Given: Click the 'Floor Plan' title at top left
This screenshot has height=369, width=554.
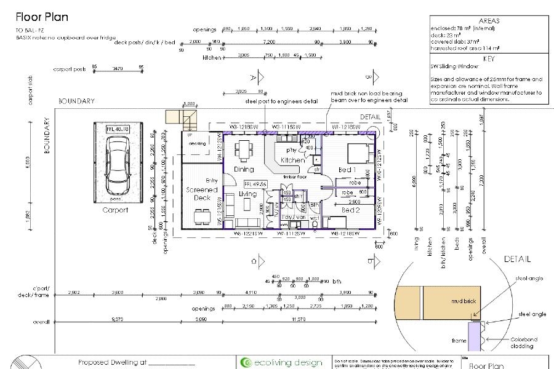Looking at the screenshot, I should point(42,17).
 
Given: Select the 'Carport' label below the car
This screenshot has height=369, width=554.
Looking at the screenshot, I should point(115,210).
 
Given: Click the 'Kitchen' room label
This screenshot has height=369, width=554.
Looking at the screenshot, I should point(292,160).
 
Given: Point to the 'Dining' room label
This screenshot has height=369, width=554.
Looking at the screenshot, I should point(244,169).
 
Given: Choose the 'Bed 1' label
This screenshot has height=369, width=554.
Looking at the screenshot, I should point(347,169).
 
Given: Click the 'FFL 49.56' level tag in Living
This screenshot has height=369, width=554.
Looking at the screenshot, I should point(255,184).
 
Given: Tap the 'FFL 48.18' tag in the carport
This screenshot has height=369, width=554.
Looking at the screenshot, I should point(118,129).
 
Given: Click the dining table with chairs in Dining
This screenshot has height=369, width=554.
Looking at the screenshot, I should point(245,149).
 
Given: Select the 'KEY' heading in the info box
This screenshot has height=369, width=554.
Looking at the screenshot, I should point(489,59).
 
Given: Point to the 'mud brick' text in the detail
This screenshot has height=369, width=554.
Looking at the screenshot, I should point(463,302).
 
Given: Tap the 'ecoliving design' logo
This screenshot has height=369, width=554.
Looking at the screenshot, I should point(283,362).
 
